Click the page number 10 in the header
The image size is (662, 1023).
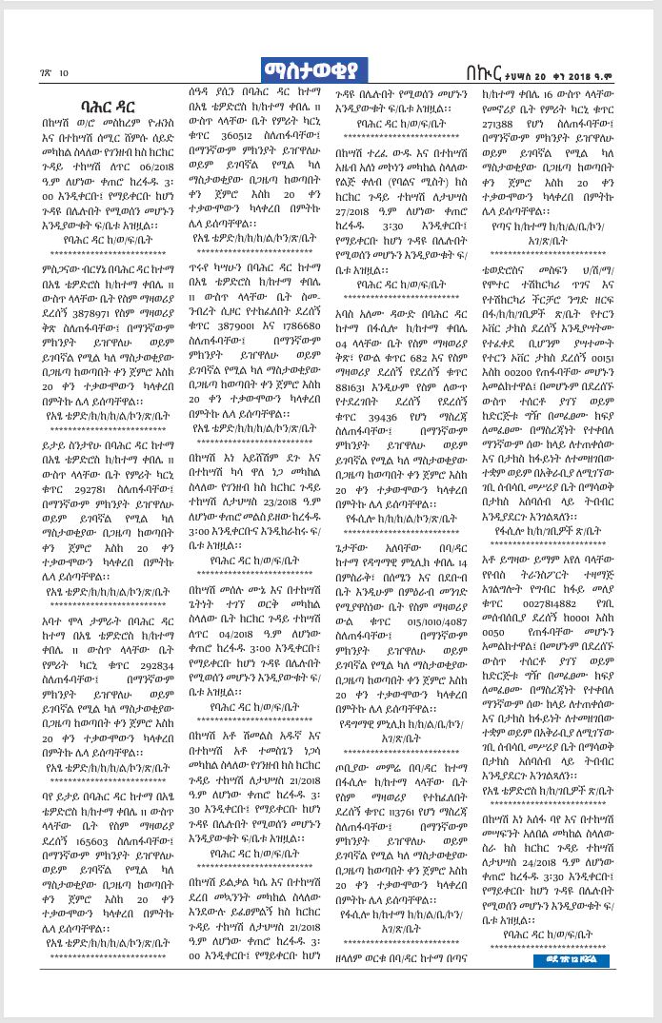(63, 72)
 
